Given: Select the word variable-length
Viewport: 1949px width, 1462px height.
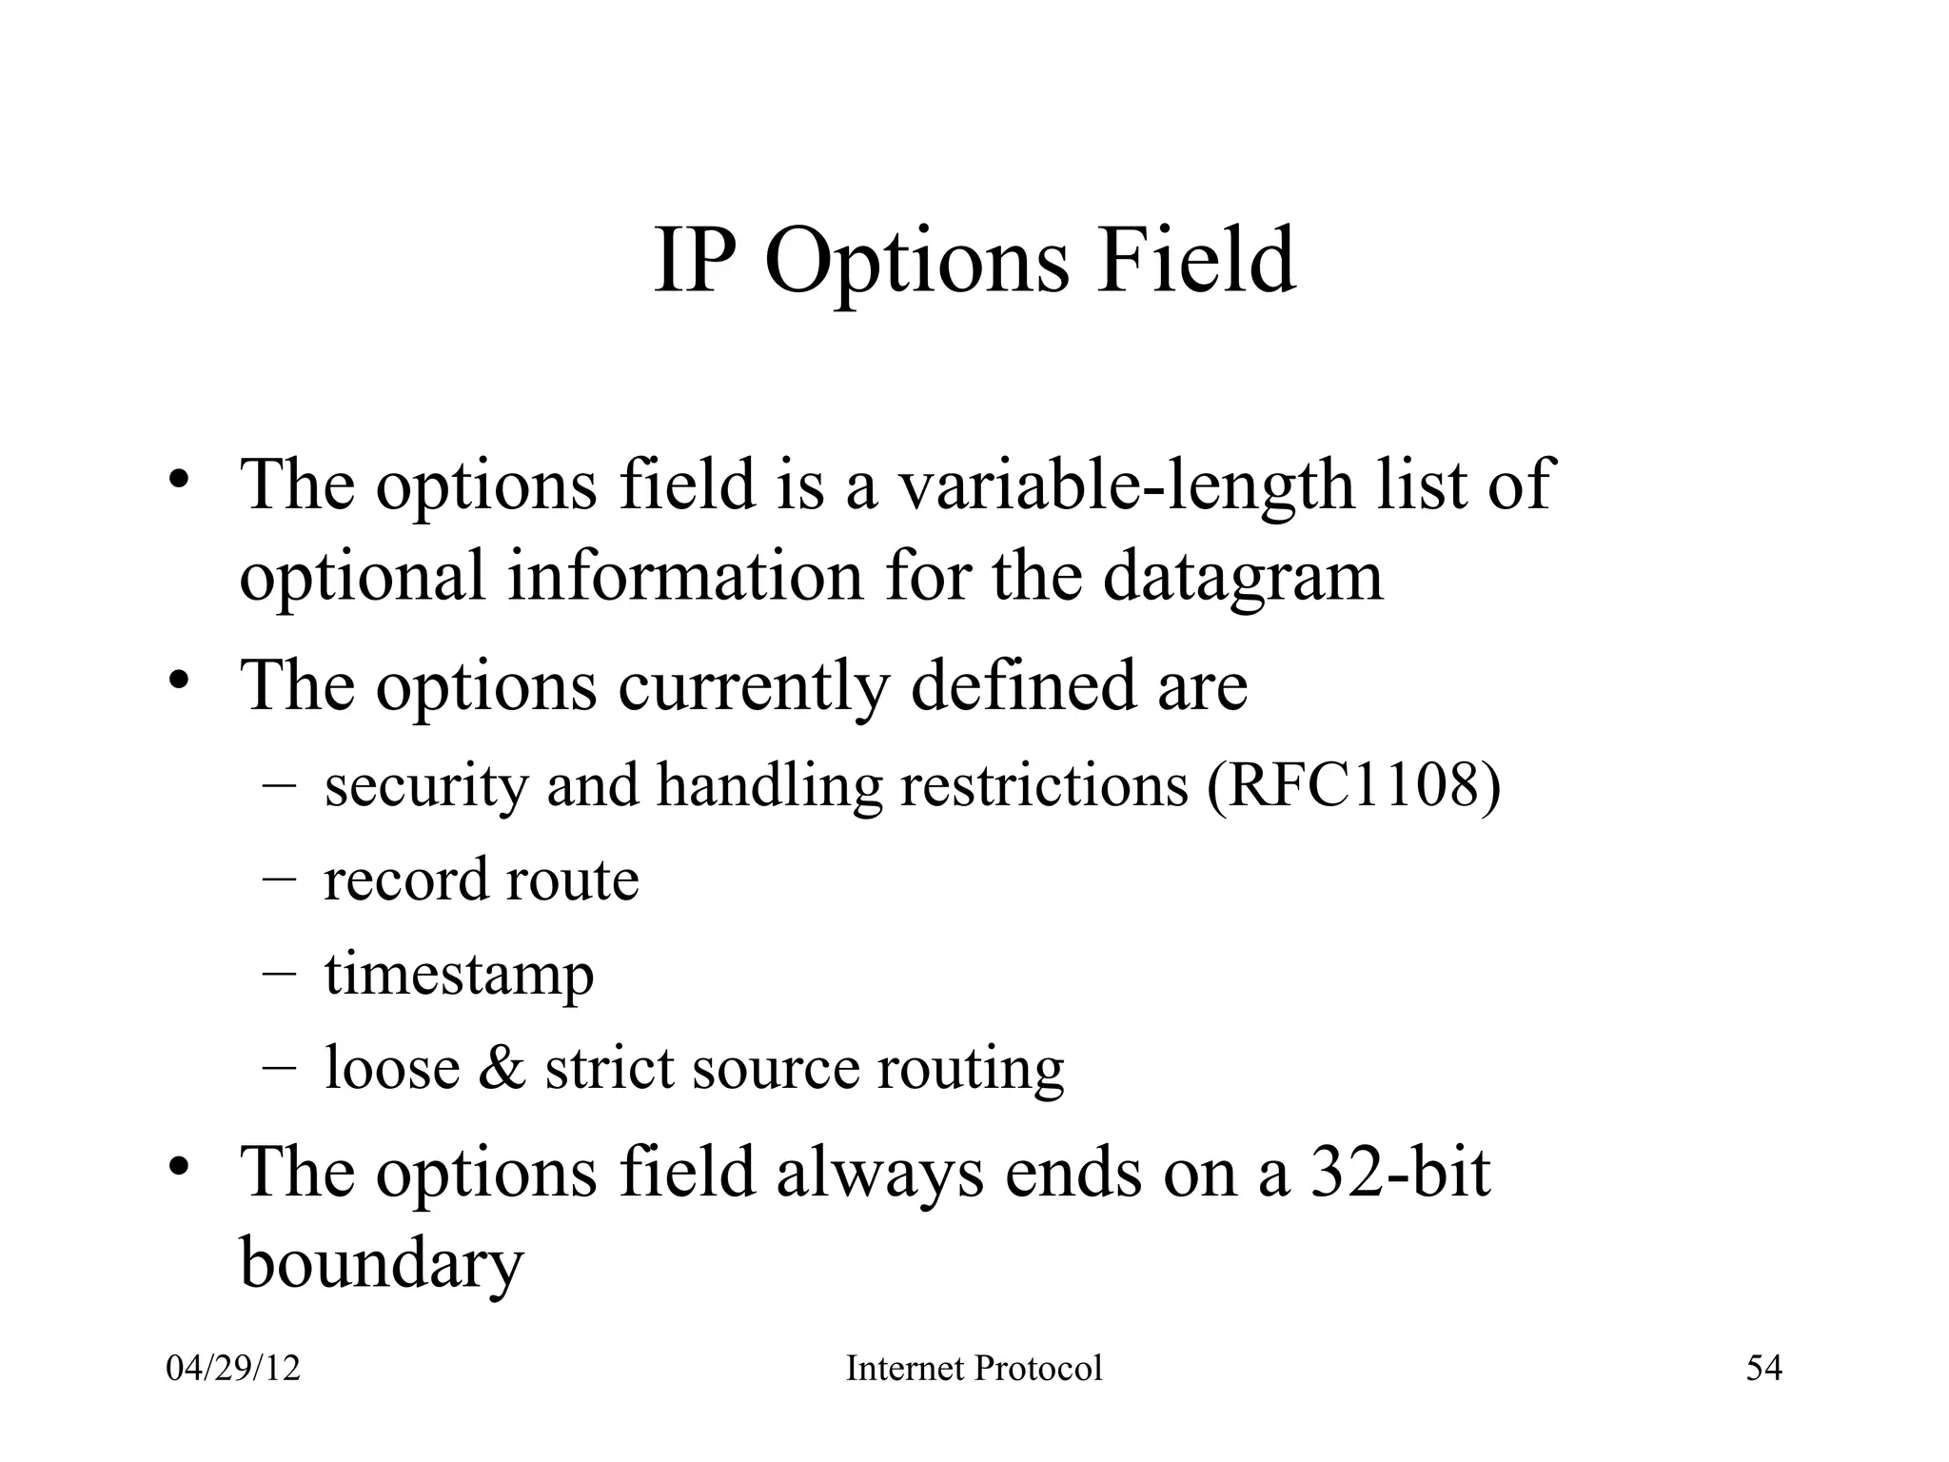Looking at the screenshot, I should click(x=1127, y=485).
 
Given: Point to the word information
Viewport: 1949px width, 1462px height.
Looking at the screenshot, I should click(x=683, y=576).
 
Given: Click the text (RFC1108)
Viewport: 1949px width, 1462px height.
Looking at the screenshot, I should click(x=1353, y=785).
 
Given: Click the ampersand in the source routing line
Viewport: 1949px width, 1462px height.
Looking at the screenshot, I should click(x=502, y=1067).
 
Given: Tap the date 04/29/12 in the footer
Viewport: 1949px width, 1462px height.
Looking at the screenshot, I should click(x=233, y=1369).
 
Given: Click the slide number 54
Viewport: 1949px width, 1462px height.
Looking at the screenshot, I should click(x=1763, y=1369).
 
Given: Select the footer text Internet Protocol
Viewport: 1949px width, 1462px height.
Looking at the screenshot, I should click(x=974, y=1369).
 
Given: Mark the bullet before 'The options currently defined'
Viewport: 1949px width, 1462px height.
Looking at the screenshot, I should click(x=179, y=682).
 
